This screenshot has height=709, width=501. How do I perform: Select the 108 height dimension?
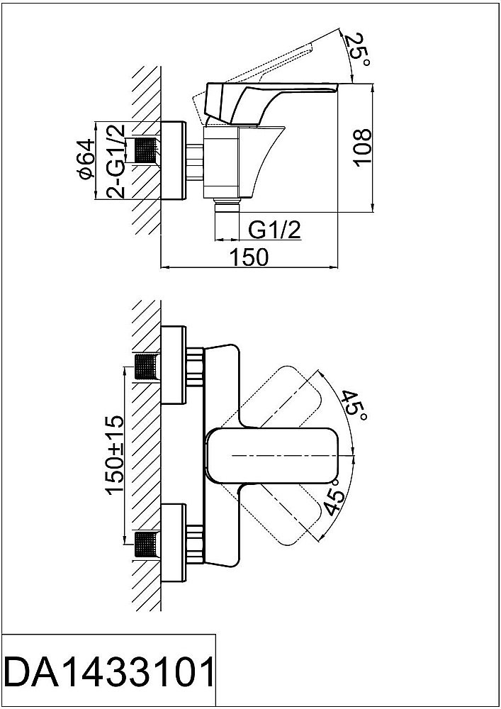point(362,147)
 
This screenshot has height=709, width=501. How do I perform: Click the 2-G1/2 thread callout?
point(116,162)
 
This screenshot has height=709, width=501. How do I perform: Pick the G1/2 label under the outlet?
point(276,230)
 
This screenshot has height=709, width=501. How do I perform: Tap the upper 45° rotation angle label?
point(352,405)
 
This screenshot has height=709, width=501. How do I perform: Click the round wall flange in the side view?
point(174,161)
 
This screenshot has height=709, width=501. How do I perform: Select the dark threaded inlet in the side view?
point(145,151)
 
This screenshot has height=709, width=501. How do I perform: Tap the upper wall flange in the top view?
point(174,368)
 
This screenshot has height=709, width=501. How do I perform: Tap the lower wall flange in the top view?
point(174,543)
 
